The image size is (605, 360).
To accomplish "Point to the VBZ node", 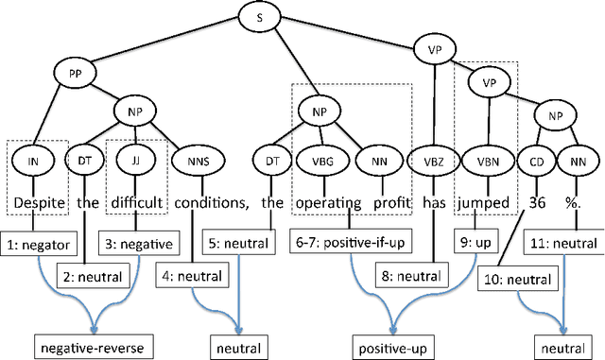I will click(431, 162).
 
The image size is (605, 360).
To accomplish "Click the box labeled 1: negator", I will click(39, 244).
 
